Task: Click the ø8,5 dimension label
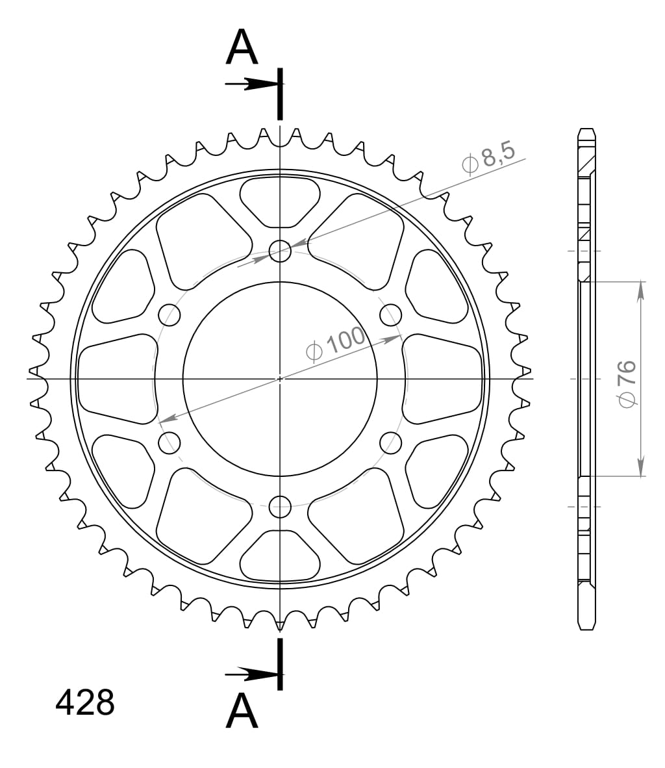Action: pos(488,157)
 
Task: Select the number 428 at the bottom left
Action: pos(85,702)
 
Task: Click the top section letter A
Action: pos(242,47)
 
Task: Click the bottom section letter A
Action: pos(242,711)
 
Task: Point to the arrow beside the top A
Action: pos(252,84)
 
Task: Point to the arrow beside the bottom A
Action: pos(252,675)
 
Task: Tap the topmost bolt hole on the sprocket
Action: pos(280,251)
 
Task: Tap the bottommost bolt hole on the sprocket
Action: pos(280,506)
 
